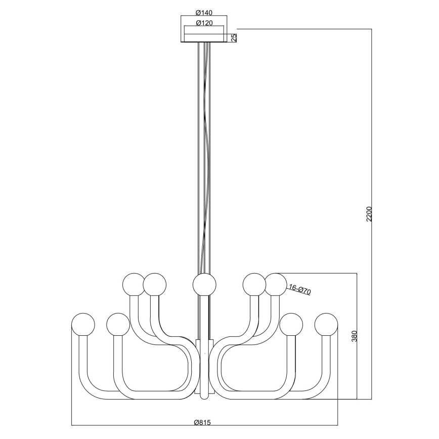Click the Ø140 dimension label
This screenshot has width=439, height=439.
[204, 12]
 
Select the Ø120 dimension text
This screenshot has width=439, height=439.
[204, 23]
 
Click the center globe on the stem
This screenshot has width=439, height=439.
[204, 284]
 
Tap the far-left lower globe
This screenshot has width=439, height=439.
[83, 324]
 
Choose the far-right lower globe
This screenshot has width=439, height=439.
[326, 324]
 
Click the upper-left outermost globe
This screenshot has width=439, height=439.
[135, 284]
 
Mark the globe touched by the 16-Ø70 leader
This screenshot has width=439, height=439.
[276, 284]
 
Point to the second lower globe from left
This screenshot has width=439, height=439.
[118, 324]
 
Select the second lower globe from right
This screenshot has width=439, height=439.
[291, 324]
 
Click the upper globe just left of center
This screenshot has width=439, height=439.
[155, 284]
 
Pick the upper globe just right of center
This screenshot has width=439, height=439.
[254, 284]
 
